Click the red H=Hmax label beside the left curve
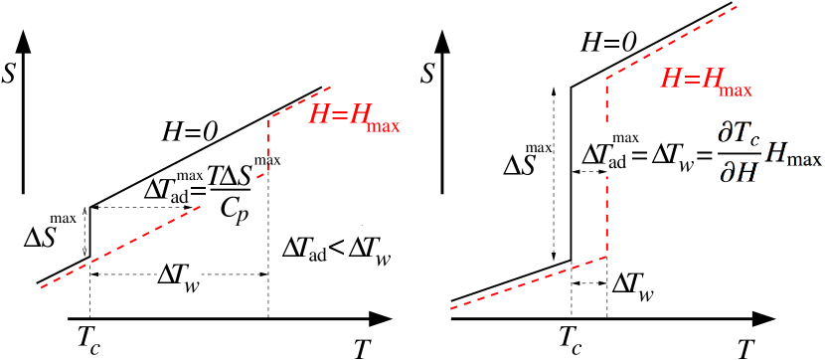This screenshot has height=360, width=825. tap(353, 117)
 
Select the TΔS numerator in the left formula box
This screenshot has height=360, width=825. tap(230, 175)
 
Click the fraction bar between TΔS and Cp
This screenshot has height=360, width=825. tap(230, 192)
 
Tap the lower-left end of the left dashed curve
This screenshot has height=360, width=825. tap(42, 287)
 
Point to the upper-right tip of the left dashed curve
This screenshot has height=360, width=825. tap(331, 86)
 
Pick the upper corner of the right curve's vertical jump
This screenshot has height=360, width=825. tap(606, 78)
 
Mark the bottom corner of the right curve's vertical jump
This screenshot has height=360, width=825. tap(606, 258)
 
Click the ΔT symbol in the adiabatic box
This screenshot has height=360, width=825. tap(594, 155)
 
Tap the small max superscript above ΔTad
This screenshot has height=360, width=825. tap(625, 136)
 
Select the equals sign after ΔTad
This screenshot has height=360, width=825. tap(636, 156)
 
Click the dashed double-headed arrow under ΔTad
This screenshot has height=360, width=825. tap(591, 172)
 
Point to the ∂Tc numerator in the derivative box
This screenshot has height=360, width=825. tap(739, 136)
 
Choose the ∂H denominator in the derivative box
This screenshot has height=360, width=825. tap(739, 172)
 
